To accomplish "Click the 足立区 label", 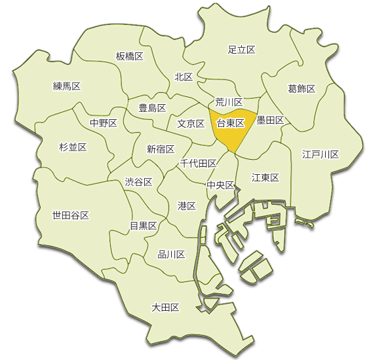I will click(x=241, y=49).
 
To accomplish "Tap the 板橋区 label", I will click(x=129, y=56).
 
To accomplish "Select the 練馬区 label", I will click(x=66, y=86).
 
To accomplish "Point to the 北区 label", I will click(x=183, y=77).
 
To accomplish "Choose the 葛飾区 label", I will click(x=301, y=88).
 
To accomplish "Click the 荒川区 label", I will click(x=229, y=102).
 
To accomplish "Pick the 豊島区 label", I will click(x=152, y=107).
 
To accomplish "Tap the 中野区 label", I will click(x=104, y=122).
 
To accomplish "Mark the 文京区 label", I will click(x=191, y=123).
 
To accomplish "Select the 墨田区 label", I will click(x=270, y=120).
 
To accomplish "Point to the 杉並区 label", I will click(x=73, y=147).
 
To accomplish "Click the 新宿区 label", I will click(x=160, y=149).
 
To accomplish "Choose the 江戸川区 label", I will click(x=320, y=154).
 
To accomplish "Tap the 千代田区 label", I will click(x=199, y=163).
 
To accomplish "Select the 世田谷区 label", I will click(x=70, y=215).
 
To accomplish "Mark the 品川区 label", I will click(x=172, y=254).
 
